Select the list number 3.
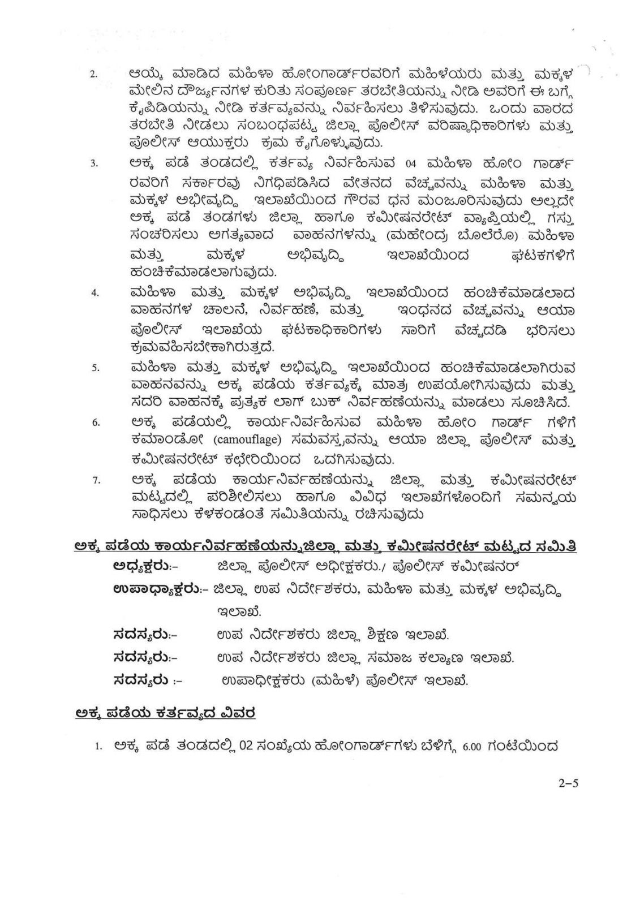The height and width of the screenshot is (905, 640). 95,165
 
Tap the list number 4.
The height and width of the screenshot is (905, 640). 95,293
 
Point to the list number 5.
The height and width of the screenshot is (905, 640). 96,368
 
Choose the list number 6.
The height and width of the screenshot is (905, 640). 96,423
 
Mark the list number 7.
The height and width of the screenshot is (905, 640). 96,480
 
